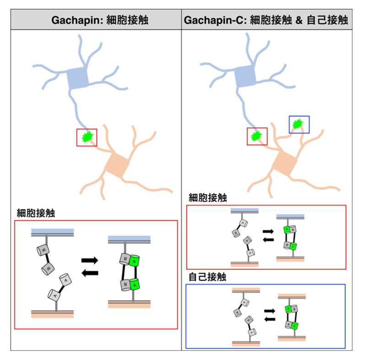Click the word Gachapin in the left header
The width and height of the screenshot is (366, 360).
(70, 20)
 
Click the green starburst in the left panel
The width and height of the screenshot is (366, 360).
(87, 137)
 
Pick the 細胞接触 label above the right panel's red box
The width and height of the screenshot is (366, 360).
(208, 198)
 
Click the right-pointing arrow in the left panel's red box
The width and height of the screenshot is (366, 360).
(90, 260)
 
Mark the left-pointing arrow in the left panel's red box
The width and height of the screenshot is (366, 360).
(90, 273)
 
